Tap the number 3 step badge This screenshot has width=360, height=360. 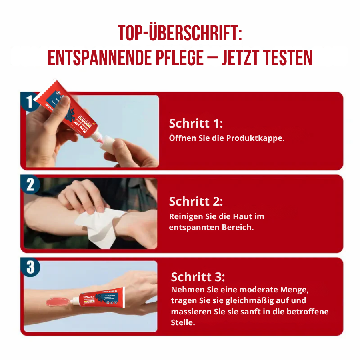tap(30, 267)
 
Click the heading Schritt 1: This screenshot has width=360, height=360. tap(196, 123)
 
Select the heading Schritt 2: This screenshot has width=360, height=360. tap(196, 201)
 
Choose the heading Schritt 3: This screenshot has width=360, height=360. tap(198, 277)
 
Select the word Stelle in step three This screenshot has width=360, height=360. tap(183, 322)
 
